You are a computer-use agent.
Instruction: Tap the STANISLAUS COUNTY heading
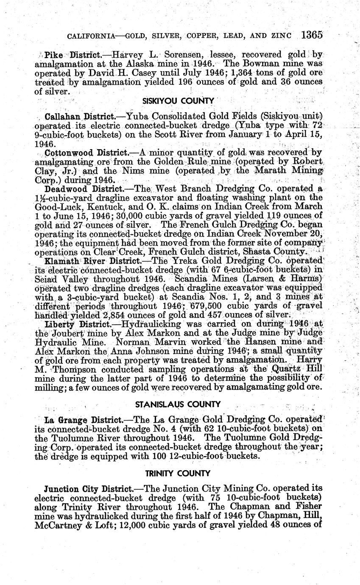coord(178,404)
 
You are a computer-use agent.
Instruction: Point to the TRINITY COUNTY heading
coord(178,473)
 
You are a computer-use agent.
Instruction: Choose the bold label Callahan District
coord(80,117)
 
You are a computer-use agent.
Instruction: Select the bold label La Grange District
coord(83,420)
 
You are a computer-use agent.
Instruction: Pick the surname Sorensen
coord(170,55)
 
